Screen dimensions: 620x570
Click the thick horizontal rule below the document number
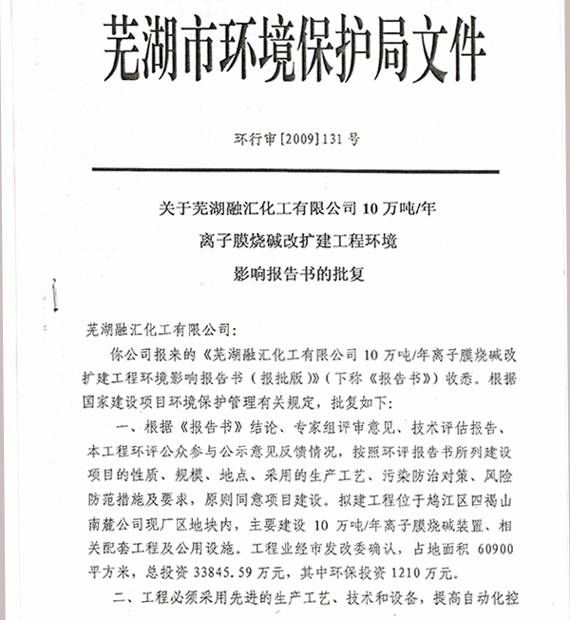[285, 171]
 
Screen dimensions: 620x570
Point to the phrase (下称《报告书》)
[365, 377]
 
